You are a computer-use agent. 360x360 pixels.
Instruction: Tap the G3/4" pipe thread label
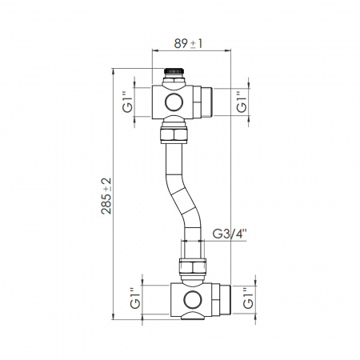(230, 234)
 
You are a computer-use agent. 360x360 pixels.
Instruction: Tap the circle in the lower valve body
(192, 301)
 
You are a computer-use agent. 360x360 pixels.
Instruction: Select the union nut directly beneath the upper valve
(174, 131)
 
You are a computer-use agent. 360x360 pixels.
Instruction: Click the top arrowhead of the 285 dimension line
(113, 70)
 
